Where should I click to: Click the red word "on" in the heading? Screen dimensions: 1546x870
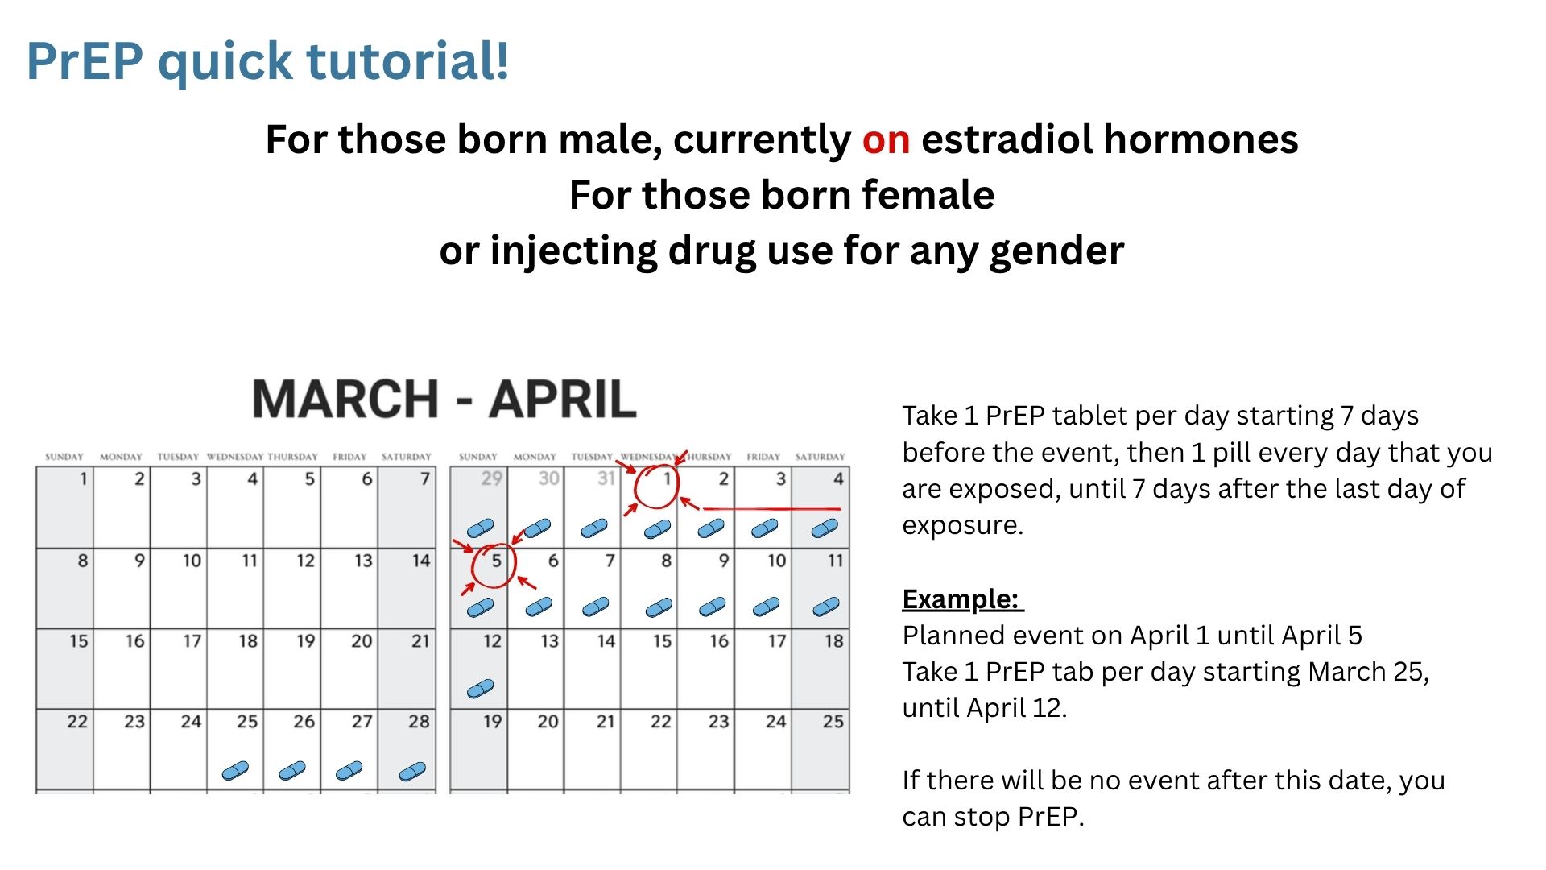886,139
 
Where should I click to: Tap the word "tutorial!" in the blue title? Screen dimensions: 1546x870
407,60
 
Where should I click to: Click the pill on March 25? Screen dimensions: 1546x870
235,771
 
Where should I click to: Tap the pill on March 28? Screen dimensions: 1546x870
412,772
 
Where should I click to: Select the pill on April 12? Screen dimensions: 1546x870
481,689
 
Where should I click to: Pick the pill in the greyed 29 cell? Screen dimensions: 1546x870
481,528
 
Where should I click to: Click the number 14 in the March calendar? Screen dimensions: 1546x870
420,561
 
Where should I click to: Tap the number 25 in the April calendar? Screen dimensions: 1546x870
833,721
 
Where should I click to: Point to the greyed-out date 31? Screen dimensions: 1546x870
606,478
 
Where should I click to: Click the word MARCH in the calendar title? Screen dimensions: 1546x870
345,400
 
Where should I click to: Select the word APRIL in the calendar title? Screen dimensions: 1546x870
563,400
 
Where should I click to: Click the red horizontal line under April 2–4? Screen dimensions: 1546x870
771,509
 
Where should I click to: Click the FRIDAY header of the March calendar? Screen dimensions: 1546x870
349,457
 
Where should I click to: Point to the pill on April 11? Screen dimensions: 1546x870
826,607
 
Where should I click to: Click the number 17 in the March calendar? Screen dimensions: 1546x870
192,641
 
